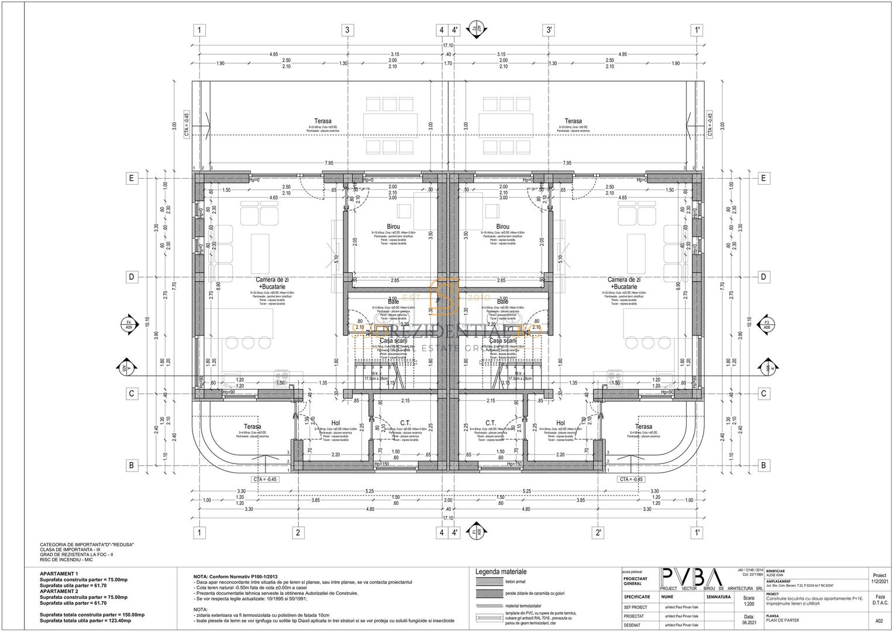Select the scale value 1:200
pyautogui.click(x=749, y=605)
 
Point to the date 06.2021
pyautogui.click(x=749, y=623)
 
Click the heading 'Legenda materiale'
pyautogui.click(x=501, y=571)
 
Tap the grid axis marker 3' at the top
pyautogui.click(x=549, y=30)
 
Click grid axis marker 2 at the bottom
pyautogui.click(x=298, y=532)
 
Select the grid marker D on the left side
pyautogui.click(x=132, y=276)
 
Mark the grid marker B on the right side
pyautogui.click(x=763, y=466)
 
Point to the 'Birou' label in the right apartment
pyautogui.click(x=502, y=227)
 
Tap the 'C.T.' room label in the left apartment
pyautogui.click(x=405, y=423)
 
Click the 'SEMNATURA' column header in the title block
pyautogui.click(x=719, y=597)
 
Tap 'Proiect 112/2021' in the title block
pyautogui.click(x=880, y=578)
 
